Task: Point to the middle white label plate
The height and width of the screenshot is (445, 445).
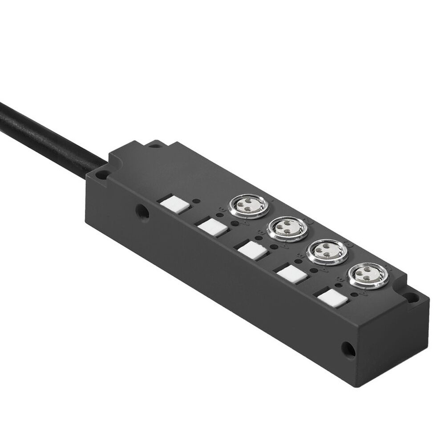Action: (x=251, y=250)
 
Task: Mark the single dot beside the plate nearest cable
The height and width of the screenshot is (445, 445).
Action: (x=195, y=200)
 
